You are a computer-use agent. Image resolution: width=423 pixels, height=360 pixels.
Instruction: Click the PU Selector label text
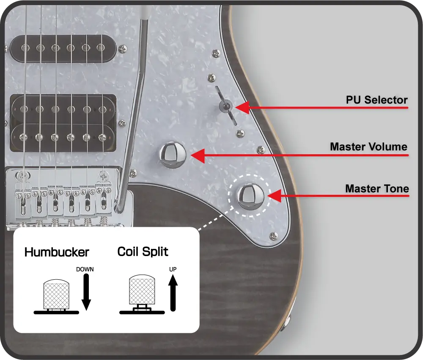click(x=376, y=100)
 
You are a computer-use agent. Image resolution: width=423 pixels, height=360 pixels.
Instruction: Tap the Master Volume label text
click(x=369, y=147)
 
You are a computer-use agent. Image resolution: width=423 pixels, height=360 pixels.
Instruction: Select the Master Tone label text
click(x=377, y=188)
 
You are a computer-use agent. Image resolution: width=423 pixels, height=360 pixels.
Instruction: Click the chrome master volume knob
click(x=173, y=155)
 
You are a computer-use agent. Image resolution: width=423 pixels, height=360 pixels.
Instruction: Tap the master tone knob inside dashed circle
click(x=250, y=196)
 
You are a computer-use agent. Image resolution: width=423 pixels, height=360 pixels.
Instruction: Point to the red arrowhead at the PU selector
click(x=242, y=107)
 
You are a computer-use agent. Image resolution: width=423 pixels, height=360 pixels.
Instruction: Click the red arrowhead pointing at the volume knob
click(x=198, y=155)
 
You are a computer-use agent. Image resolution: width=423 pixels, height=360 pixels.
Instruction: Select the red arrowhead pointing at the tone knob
click(x=275, y=196)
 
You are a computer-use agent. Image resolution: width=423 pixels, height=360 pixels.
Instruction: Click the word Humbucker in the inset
click(x=57, y=252)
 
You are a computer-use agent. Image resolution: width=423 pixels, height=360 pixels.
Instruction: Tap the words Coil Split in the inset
click(x=143, y=252)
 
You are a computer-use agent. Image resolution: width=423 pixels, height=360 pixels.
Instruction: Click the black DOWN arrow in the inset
click(x=86, y=292)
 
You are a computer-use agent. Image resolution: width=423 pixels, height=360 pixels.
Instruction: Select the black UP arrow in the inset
click(x=173, y=293)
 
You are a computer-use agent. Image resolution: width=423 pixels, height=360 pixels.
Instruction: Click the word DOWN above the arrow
click(x=85, y=269)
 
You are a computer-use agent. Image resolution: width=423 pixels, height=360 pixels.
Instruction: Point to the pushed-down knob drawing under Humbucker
click(x=56, y=296)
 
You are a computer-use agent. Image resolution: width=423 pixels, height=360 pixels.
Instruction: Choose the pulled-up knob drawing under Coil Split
click(x=142, y=294)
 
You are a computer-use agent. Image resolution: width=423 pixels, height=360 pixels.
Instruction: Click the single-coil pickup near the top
click(x=63, y=49)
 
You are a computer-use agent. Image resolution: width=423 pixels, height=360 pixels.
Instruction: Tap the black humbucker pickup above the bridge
click(x=63, y=123)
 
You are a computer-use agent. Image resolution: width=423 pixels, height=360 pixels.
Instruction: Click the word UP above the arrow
click(x=173, y=269)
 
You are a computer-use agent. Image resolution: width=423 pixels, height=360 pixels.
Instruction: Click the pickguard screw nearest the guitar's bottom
click(x=274, y=236)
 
